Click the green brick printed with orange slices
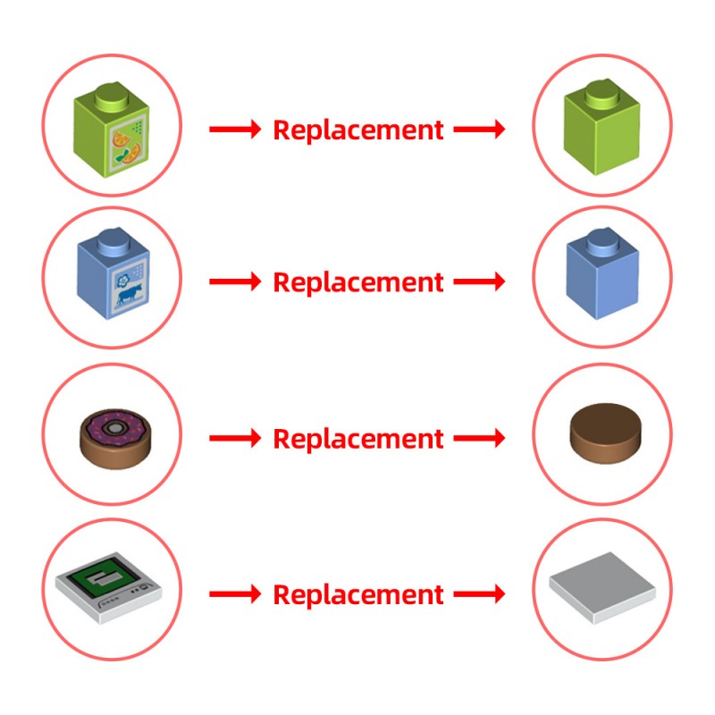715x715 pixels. pos(111,130)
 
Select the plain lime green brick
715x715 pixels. pos(601,127)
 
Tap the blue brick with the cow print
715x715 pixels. pos(114,273)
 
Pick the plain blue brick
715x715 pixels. pos(602,273)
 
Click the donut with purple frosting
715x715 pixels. pos(115,439)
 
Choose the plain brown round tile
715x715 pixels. pos(606,433)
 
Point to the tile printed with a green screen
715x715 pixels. pos(108,587)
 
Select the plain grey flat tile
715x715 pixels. pos(602,587)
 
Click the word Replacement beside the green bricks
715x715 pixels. pos(358,130)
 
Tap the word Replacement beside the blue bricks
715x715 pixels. pos(358,283)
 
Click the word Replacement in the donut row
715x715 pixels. pos(358,440)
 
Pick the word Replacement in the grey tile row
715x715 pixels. pos(358,595)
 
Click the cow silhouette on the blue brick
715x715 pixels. pos(130,294)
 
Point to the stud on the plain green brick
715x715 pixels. pos(605,94)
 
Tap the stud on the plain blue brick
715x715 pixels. pos(605,241)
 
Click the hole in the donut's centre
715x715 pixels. pos(115,428)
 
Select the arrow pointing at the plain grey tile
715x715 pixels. pos(479,593)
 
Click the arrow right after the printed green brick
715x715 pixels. pos(235,129)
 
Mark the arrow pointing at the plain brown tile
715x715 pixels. pos(479,438)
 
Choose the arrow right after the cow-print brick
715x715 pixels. pos(235,282)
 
